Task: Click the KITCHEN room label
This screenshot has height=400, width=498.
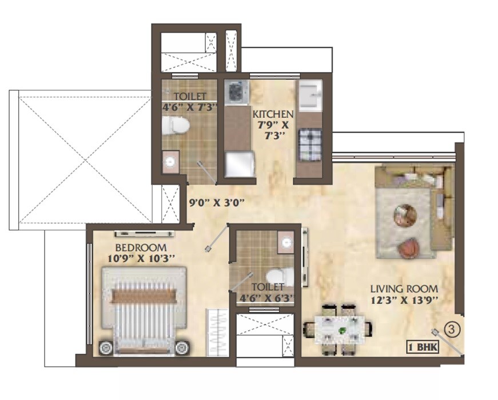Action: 273,114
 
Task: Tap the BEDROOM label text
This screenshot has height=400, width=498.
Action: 141,248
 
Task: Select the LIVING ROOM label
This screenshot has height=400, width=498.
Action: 404,289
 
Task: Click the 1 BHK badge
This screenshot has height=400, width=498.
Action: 423,346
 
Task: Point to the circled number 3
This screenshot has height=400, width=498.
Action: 452,329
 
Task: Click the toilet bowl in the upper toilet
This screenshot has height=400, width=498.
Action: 174,125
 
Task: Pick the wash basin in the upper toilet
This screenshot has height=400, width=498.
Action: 170,162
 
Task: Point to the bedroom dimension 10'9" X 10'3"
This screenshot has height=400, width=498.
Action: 141,259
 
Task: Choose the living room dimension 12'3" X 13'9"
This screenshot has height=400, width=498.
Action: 404,301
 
